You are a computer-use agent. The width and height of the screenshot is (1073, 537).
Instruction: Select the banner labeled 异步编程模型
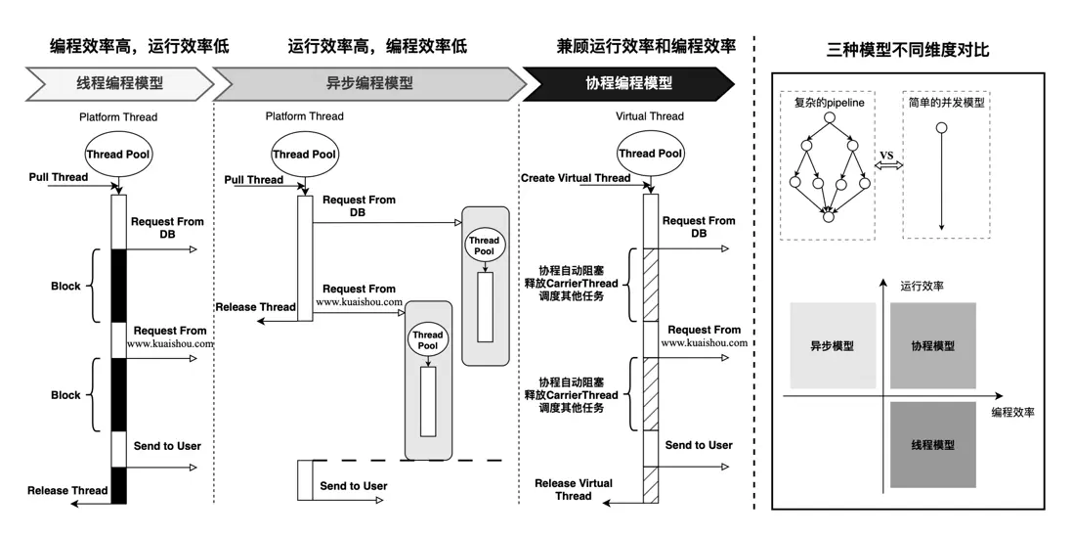coord(368,83)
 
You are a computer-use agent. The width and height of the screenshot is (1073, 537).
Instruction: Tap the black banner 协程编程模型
coord(628,83)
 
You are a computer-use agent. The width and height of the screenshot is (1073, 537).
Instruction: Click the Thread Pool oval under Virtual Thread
coord(650,154)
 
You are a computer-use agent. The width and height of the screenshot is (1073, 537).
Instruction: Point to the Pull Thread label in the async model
coord(253,180)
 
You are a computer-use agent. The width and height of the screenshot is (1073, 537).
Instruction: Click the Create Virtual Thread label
coord(576,178)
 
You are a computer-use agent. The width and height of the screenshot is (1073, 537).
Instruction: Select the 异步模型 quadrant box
coord(833,346)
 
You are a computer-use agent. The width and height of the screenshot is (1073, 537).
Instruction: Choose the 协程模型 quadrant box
coord(932,346)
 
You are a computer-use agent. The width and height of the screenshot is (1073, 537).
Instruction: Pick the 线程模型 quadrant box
coord(932,445)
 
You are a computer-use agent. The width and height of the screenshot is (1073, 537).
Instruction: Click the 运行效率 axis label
coord(922,287)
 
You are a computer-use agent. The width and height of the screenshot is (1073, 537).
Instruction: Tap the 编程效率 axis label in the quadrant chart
coord(1012,413)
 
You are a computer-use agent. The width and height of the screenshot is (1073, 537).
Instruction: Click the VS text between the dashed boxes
coord(886,156)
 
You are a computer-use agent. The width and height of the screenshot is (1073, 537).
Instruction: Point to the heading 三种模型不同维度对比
coord(908,49)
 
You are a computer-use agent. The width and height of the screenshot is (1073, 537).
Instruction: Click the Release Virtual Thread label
coord(574,489)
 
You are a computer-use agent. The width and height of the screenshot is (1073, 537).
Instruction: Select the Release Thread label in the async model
coord(255,307)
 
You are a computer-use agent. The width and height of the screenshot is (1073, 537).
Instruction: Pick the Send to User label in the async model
coord(354,486)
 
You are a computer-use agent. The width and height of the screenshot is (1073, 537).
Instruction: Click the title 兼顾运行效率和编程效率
coord(646,46)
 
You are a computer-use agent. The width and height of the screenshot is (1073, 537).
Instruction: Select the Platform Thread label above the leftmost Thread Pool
coord(118,117)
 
